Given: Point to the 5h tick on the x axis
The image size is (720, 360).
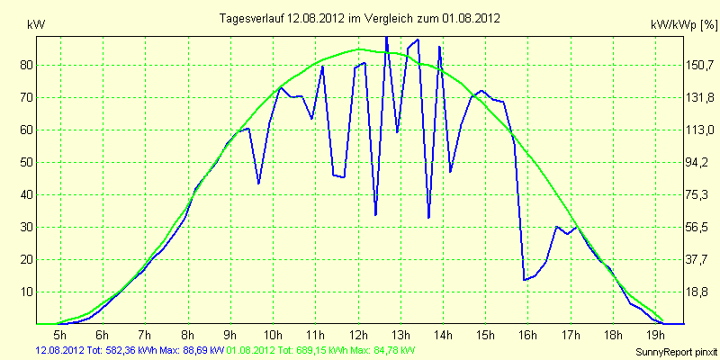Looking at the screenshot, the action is (60, 333).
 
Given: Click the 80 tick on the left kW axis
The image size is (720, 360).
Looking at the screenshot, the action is (23, 65).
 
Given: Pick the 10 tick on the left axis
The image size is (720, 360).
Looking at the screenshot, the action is (23, 292).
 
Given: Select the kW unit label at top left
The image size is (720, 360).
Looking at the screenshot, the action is (36, 25).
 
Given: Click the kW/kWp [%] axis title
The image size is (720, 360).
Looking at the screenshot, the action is (684, 25).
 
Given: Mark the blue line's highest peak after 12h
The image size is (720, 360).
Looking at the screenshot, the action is (386, 37).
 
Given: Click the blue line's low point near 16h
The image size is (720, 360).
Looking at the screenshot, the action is (524, 280).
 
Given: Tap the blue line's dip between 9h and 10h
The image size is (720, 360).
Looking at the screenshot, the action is (258, 184).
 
